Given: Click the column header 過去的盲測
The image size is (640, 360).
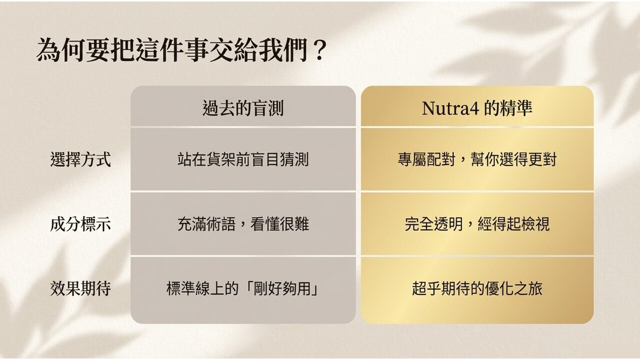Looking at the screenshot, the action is (x=243, y=108).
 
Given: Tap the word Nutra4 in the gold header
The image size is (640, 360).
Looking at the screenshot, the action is (x=450, y=108).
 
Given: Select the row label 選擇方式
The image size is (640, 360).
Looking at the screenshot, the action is (x=80, y=159).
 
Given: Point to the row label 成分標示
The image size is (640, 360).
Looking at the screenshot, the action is (x=80, y=223).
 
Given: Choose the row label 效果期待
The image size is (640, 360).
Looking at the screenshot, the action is (x=80, y=288).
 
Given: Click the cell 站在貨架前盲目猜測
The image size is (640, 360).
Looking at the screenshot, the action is (x=243, y=159).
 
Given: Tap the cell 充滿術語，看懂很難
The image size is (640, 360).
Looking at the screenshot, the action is (x=243, y=223).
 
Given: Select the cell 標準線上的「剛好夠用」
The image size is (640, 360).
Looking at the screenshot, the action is (x=242, y=288).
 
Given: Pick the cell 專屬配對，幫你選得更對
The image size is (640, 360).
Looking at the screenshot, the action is (x=477, y=159).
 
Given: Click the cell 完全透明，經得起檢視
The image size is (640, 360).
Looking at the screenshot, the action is (x=477, y=223).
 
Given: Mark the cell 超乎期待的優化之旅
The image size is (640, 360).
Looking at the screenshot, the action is (x=477, y=288).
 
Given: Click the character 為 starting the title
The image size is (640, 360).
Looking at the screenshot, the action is (x=48, y=50).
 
